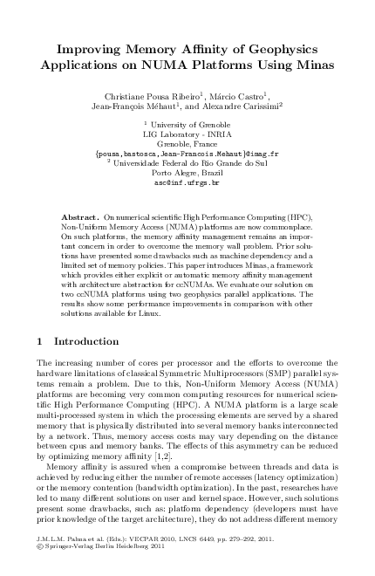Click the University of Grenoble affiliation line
(x=187, y=127)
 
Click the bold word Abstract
(x=81, y=214)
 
